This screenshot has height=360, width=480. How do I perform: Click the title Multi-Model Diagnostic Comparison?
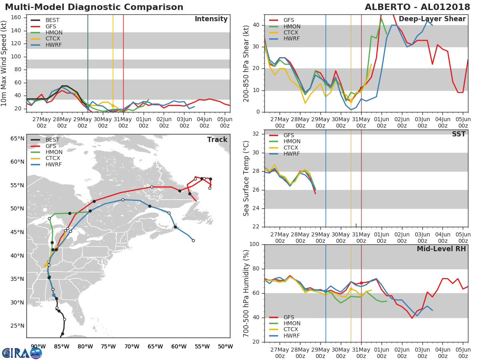point(94,7)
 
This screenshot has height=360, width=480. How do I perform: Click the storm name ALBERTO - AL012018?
point(417,7)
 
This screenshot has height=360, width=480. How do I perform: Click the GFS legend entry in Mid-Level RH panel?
point(282,317)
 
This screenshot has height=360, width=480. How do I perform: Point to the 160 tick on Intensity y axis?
point(16,18)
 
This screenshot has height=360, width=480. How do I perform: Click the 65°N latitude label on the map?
point(17,138)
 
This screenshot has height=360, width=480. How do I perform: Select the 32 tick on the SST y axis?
point(256,134)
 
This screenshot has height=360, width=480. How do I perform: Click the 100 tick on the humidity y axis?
point(254,244)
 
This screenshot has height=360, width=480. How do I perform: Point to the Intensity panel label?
point(211,19)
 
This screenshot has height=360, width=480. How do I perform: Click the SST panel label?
point(459,134)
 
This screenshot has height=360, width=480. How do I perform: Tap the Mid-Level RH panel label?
point(441,249)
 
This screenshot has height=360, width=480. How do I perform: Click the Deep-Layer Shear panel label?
point(432,19)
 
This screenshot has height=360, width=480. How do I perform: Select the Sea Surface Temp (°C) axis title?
point(246,178)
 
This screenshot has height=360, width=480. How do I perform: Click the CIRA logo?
point(22,353)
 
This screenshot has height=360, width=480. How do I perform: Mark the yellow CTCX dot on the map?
point(45,266)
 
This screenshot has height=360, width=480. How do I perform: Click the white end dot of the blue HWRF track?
point(193,241)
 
